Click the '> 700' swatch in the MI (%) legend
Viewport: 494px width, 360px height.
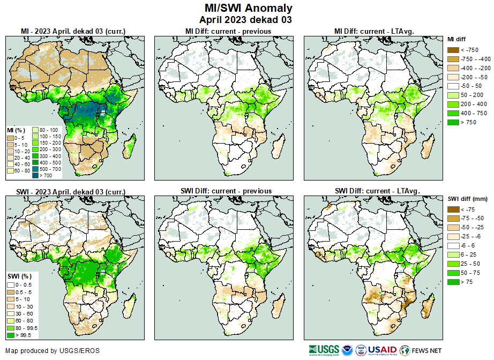tap(35, 175)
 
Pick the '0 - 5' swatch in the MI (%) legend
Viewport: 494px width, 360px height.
tap(10, 138)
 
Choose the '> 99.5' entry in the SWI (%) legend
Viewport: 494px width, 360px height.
tap(10, 335)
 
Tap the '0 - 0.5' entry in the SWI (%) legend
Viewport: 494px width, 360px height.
tap(10, 284)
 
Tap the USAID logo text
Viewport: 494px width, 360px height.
tap(381, 349)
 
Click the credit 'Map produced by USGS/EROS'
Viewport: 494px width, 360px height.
tap(53, 351)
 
